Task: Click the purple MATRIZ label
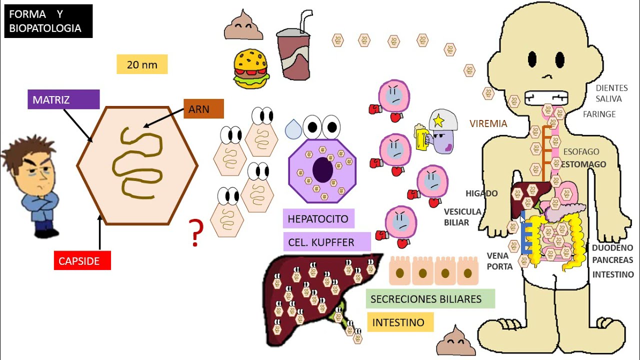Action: pyautogui.click(x=63, y=99)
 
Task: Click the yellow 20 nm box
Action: pyautogui.click(x=142, y=64)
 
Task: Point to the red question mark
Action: pyautogui.click(x=196, y=233)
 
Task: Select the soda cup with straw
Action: pyautogui.click(x=294, y=50)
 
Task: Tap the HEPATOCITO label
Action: pyautogui.click(x=318, y=219)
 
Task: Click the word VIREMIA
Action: pyautogui.click(x=488, y=123)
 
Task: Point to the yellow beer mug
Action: pyautogui.click(x=422, y=137)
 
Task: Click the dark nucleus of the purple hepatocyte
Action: pyautogui.click(x=322, y=170)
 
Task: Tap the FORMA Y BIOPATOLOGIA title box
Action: pyautogui.click(x=48, y=21)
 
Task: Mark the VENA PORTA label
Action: pyautogui.click(x=499, y=261)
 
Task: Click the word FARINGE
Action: pyautogui.click(x=599, y=114)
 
